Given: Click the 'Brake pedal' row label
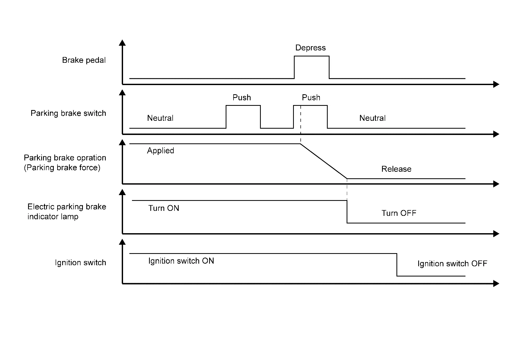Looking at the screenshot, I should tap(84, 60).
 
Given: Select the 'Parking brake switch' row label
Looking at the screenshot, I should tap(68, 113).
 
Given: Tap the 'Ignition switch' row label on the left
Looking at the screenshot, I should tap(80, 263).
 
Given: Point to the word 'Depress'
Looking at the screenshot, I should tap(310, 48).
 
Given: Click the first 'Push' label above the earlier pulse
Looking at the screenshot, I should tap(242, 98).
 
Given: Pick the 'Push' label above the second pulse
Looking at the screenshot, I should tap(311, 98).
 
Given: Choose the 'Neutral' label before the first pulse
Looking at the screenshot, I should tap(160, 118).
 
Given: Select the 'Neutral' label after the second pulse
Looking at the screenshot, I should tap(372, 118).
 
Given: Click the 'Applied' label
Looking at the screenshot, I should tap(160, 151).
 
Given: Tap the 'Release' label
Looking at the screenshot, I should tap(396, 169).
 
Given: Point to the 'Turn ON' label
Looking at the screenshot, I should tap(164, 208).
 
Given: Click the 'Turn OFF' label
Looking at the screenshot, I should tap(399, 213).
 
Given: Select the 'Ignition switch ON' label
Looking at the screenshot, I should tap(181, 261).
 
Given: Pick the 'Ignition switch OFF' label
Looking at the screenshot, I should tap(452, 264).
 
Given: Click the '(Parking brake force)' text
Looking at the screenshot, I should tap(62, 168).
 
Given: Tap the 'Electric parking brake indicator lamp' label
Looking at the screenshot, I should tap(67, 212).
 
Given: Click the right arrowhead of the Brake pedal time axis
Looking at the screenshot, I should tap(496, 84).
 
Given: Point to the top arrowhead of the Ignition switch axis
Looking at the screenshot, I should tap(122, 242).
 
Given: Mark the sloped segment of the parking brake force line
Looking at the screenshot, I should tap(324, 161).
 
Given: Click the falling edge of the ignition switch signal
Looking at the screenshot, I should tap(397, 265).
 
